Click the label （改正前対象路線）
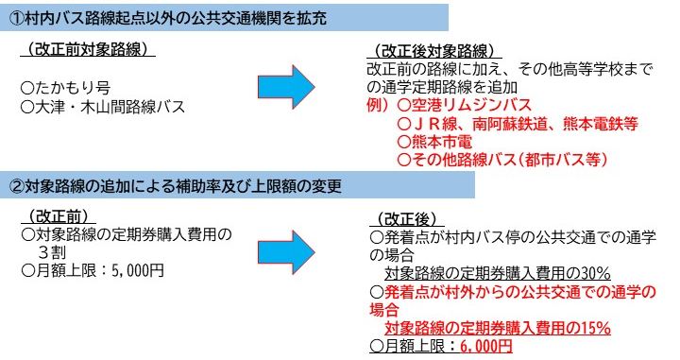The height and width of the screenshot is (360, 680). [x=91, y=48]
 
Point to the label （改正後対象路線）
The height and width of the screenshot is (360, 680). [x=433, y=50]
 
